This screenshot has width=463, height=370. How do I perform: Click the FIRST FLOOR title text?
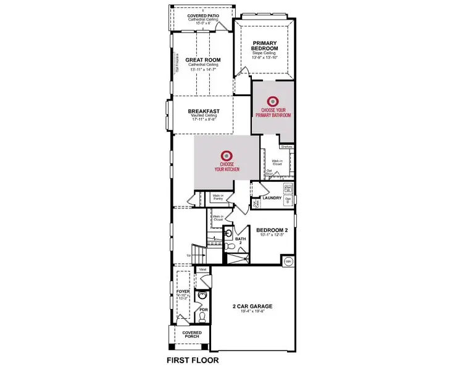[193, 359]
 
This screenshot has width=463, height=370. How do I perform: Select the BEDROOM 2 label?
[272, 229]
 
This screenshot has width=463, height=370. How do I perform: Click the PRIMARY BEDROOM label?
[265, 45]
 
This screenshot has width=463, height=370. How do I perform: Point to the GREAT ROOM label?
[203, 60]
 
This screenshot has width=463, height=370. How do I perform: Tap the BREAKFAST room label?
[203, 112]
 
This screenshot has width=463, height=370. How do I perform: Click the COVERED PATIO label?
[202, 14]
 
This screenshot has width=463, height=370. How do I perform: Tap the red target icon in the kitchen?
[227, 156]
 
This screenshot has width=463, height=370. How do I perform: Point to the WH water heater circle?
[288, 261]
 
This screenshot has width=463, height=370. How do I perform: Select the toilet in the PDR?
[201, 316]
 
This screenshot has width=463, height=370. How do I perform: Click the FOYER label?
[183, 290]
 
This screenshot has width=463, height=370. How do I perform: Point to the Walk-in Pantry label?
[217, 198]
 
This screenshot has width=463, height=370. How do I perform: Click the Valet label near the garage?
[202, 269]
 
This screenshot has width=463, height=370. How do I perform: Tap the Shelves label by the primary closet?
[286, 147]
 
